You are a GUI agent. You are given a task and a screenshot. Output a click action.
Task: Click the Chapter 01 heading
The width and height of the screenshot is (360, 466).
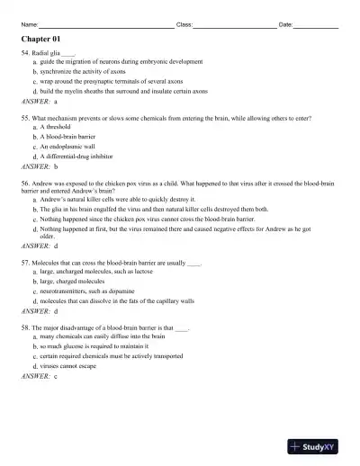point(40,40)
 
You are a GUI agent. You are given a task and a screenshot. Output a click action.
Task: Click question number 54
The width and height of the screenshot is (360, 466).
point(26,54)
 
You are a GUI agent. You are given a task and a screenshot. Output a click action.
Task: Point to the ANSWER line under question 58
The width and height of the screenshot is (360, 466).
point(40,376)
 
